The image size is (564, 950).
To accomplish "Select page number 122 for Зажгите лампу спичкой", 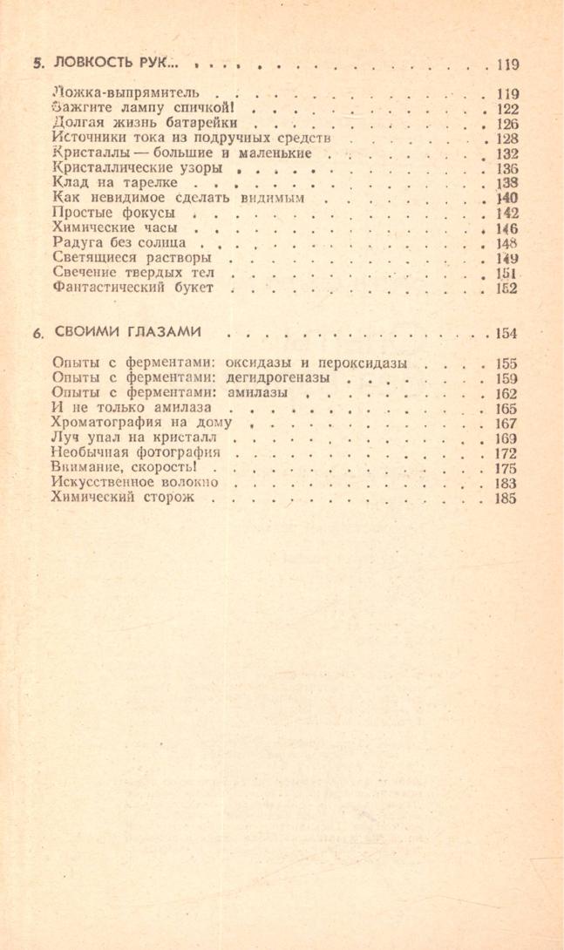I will (506, 109).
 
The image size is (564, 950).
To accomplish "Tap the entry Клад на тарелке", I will (115, 184).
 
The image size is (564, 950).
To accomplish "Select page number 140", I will (506, 199).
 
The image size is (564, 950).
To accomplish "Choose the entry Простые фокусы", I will (113, 214).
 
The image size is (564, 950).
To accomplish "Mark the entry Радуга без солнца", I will (121, 243).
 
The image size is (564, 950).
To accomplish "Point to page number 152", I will (506, 288).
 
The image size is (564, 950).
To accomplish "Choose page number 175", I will (506, 468).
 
